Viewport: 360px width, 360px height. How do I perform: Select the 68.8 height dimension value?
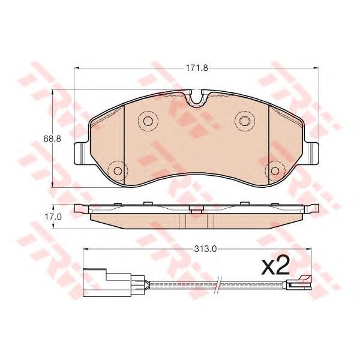(x=53, y=139)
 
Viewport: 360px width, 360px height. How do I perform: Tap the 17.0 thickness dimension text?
(x=53, y=217)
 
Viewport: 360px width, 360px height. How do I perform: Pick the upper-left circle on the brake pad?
(x=148, y=121)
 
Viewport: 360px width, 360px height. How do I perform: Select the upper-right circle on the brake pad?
(x=245, y=121)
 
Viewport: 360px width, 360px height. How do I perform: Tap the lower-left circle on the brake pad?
(x=118, y=170)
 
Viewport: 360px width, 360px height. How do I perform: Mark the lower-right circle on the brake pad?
(x=275, y=170)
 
